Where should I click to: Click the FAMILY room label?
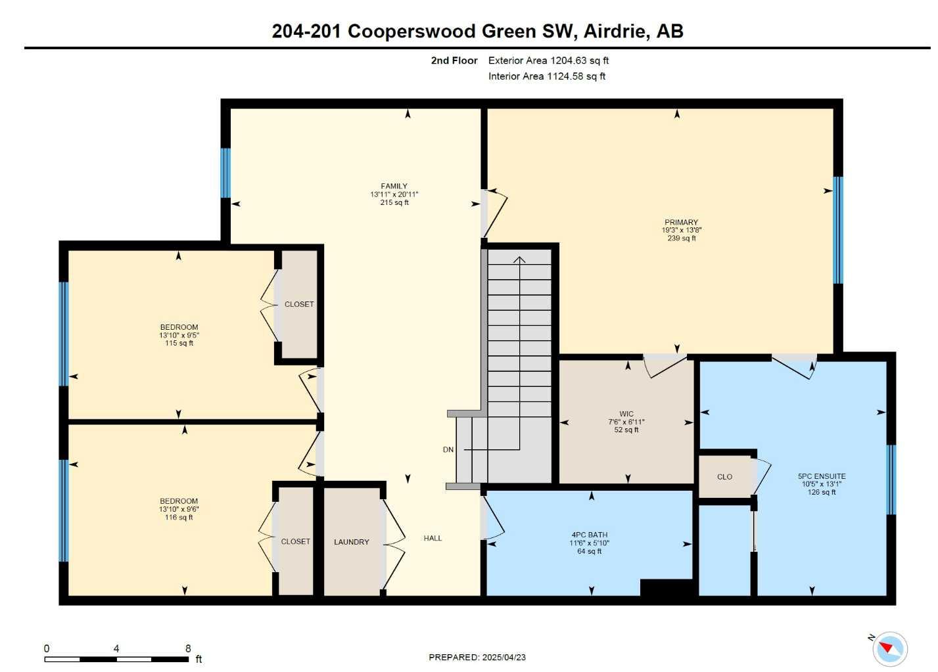[x=394, y=186]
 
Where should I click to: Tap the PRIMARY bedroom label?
[x=681, y=222]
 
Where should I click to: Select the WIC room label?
[x=626, y=414]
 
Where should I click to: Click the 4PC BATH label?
[x=589, y=535]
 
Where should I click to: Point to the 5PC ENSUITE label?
[x=822, y=476]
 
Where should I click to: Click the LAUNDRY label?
[x=351, y=542]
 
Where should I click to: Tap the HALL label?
[x=433, y=538]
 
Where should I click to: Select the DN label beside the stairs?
[x=448, y=450]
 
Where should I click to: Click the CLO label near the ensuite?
[x=724, y=477]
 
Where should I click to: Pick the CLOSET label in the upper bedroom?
[x=299, y=304]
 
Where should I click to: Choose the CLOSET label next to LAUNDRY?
[x=295, y=541]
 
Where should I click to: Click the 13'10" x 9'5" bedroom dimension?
[x=179, y=335]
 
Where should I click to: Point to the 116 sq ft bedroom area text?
[x=179, y=518]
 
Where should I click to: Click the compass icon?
[x=890, y=649]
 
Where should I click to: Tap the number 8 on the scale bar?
[x=188, y=648]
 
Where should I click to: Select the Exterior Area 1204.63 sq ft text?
[x=548, y=60]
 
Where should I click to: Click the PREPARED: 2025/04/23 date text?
[x=477, y=657]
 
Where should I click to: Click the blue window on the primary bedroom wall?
[x=837, y=230]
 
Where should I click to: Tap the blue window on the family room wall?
[x=225, y=173]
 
